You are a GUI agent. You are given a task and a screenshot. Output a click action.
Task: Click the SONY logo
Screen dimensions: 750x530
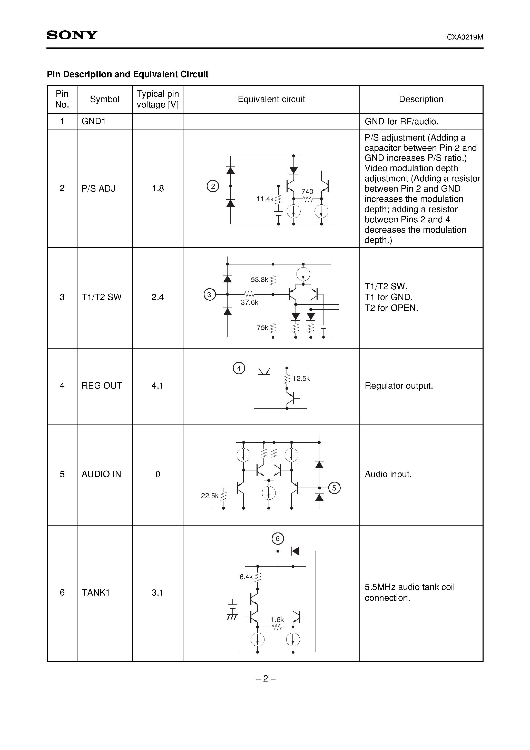click(72, 35)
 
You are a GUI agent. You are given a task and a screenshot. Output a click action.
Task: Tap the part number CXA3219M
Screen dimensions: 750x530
click(465, 37)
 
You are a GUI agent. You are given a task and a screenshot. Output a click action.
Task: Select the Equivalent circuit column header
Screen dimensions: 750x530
click(271, 99)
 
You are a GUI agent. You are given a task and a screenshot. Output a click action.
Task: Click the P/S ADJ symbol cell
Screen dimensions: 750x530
click(98, 189)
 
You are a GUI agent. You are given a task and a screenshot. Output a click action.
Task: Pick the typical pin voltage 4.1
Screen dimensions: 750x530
click(158, 386)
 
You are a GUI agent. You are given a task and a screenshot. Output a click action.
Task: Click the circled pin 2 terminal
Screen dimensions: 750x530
click(213, 186)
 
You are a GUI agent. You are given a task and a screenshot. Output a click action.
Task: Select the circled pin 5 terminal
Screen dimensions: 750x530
click(334, 488)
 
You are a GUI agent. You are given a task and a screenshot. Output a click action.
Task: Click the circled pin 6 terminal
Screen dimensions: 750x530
click(278, 539)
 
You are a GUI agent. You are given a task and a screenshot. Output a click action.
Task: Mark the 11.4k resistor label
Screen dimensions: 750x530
click(265, 199)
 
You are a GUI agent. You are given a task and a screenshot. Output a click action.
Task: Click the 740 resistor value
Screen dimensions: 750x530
click(307, 191)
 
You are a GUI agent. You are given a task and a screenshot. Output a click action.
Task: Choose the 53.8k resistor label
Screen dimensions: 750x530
click(259, 280)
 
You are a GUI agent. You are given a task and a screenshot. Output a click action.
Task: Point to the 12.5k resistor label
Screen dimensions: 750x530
click(301, 379)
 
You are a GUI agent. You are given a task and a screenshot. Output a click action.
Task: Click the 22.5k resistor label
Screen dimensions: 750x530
click(209, 496)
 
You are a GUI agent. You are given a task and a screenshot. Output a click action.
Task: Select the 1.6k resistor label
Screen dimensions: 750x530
click(277, 620)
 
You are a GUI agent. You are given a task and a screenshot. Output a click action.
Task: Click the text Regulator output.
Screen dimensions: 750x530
click(399, 386)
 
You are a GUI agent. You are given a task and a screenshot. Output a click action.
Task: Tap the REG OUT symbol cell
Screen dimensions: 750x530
click(102, 386)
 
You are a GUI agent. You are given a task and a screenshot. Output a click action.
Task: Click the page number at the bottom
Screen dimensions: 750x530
click(265, 679)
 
